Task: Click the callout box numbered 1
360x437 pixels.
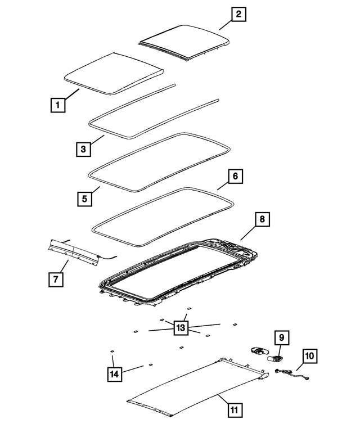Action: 56,105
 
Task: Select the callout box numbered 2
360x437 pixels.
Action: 238,15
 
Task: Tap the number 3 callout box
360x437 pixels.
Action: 83,149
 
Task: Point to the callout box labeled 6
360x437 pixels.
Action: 236,177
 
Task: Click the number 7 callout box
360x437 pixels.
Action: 56,278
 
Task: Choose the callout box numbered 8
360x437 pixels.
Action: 262,219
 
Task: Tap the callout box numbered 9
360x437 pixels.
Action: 282,337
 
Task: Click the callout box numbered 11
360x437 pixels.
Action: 236,409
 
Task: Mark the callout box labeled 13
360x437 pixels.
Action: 181,328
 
